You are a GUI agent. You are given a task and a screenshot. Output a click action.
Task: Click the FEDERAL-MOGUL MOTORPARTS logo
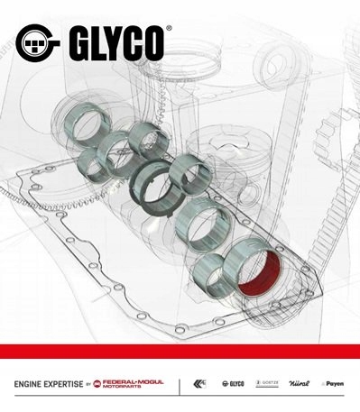[132, 384]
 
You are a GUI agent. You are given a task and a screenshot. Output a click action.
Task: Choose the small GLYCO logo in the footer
[231, 384]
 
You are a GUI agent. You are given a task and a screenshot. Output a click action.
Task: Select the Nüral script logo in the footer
[300, 384]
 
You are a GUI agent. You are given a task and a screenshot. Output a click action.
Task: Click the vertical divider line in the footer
[180, 384]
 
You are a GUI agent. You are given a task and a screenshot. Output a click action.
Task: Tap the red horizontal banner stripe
[180, 351]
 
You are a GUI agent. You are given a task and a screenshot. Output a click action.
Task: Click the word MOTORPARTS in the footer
[132, 388]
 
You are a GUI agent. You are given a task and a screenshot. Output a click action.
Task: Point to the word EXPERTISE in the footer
[60, 384]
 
